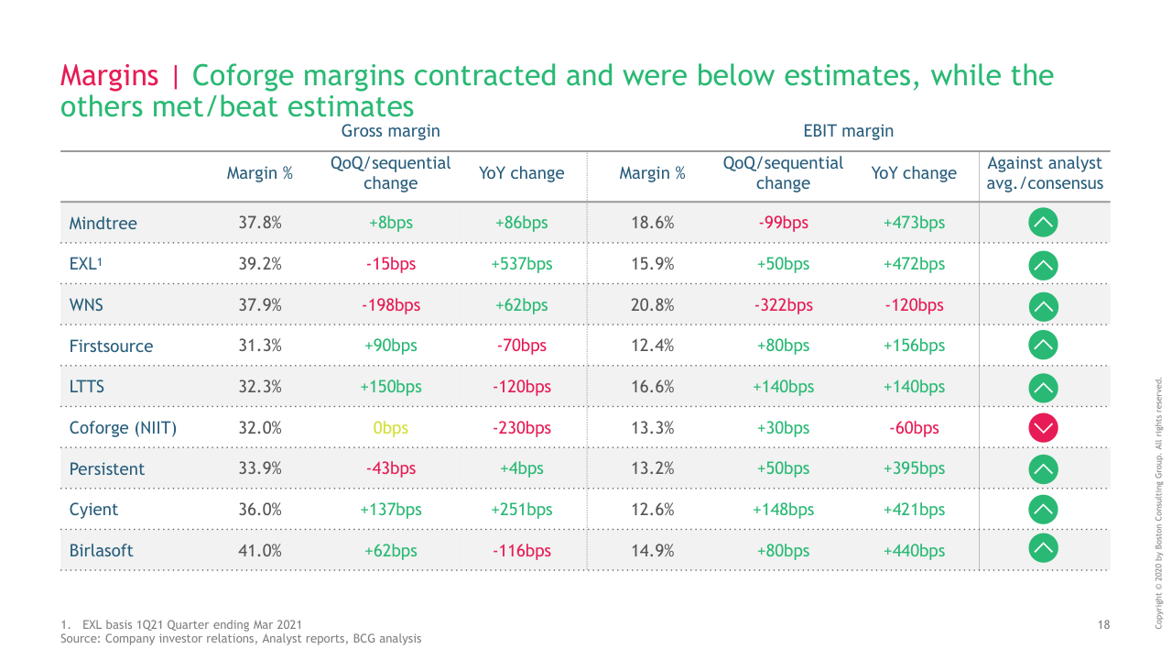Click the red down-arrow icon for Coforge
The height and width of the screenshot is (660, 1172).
click(1044, 427)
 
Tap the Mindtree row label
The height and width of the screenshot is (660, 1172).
click(103, 223)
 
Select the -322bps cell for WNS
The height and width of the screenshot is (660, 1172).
click(783, 305)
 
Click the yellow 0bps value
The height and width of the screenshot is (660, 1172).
click(390, 428)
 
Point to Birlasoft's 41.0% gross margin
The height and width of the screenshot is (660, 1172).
click(259, 551)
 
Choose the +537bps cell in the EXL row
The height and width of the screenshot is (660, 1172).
click(521, 264)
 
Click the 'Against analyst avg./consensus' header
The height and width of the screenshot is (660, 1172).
click(1045, 173)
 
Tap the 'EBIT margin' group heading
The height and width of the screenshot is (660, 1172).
click(848, 131)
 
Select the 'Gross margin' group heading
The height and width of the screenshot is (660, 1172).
click(390, 131)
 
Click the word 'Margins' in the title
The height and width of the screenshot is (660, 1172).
click(109, 75)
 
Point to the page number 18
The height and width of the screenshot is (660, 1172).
click(1103, 625)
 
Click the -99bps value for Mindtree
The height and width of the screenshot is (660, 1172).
click(783, 223)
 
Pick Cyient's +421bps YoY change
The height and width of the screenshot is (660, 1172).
click(914, 510)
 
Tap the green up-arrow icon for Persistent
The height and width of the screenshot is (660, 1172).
click(1044, 468)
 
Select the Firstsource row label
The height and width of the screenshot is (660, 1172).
click(111, 346)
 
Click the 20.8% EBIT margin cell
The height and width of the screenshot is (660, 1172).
click(652, 305)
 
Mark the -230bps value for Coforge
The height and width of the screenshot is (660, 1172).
click(521, 428)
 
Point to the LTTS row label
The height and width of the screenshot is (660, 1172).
click(87, 387)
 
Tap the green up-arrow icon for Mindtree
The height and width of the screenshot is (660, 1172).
click(1044, 222)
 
